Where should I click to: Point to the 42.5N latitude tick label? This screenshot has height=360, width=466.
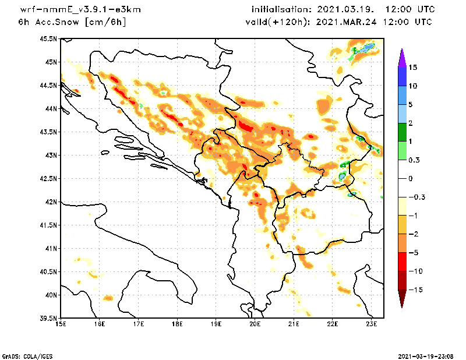48,179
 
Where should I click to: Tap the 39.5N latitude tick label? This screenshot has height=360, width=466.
48,319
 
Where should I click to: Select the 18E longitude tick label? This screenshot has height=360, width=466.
178,324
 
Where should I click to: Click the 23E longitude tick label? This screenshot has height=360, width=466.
372,324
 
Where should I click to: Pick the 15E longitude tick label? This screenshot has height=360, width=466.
61,324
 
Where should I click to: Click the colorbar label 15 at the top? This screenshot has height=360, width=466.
413,68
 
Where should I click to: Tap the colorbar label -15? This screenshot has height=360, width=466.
416,290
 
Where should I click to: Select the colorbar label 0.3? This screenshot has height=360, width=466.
414,160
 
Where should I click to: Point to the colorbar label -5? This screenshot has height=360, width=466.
414,253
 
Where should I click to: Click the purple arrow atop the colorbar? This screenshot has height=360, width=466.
402,58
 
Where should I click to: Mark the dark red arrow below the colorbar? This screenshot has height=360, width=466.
402,298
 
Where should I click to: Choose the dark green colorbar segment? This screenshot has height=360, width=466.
402,132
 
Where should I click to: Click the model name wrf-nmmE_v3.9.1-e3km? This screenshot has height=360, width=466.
80,10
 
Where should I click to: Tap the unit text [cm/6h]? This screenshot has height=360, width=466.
105,22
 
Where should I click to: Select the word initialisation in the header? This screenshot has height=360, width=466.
281,9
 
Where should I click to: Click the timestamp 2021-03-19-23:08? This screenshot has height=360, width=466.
426,356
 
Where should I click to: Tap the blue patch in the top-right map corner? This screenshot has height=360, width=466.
369,47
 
